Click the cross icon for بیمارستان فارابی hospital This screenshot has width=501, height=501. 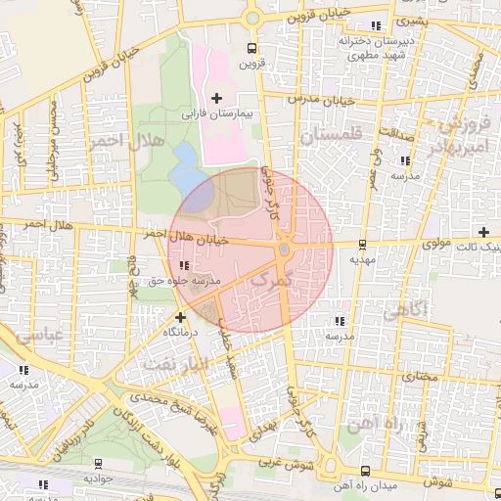pos(216,98)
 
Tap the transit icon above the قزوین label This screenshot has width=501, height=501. pos(252,47)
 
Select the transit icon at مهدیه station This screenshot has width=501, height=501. pos(362,245)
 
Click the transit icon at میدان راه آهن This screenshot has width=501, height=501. pos(365,470)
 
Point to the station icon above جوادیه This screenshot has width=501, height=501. pos(98,463)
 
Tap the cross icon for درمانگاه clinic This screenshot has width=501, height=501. pos(180,317)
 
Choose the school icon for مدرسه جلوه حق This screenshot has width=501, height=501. pos(184,265)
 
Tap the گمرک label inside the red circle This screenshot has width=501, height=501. pos(272,281)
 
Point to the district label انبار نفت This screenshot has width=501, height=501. pos(177,363)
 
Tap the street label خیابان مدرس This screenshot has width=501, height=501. pos(318,101)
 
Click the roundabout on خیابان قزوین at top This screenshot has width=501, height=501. pos(252,17)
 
